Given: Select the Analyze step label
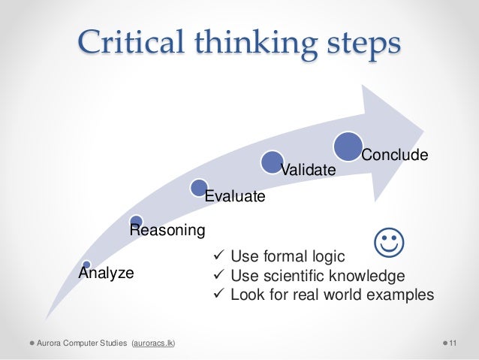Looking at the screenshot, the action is pyautogui.click(x=107, y=273).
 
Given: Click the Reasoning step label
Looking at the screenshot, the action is pyautogui.click(x=167, y=229).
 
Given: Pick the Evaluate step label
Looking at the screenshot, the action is pyautogui.click(x=235, y=198).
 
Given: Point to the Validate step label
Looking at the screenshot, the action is pyautogui.click(x=307, y=171).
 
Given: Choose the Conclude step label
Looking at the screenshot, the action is pyautogui.click(x=395, y=156).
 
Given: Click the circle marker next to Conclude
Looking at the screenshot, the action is pyautogui.click(x=349, y=146).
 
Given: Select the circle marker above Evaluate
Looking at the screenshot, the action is pyautogui.click(x=199, y=187).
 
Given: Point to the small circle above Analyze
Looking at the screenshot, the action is pyautogui.click(x=87, y=264).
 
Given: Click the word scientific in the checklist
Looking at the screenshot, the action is pyautogui.click(x=295, y=275).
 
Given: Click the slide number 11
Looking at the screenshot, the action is pyautogui.click(x=453, y=343).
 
